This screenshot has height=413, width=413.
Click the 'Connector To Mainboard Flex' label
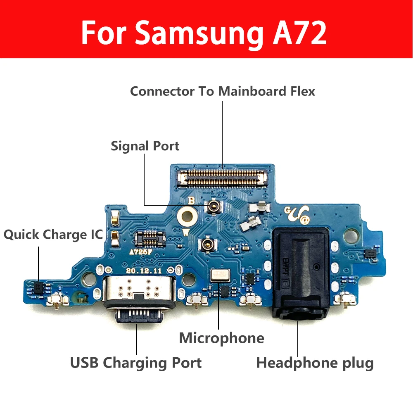coord(222,91)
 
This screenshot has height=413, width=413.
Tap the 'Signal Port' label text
coord(145,146)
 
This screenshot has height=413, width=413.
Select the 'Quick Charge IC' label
coord(53,235)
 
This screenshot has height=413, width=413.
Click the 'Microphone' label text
coord(221,338)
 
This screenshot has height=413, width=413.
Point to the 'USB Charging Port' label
coord(136,363)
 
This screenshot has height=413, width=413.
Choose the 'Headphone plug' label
coord(315,363)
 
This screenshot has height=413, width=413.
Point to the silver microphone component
coord(218,275)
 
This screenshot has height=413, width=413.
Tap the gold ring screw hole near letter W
coord(186,215)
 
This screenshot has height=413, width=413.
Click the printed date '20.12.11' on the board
coord(145,271)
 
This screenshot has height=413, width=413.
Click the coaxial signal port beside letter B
coord(214,205)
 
